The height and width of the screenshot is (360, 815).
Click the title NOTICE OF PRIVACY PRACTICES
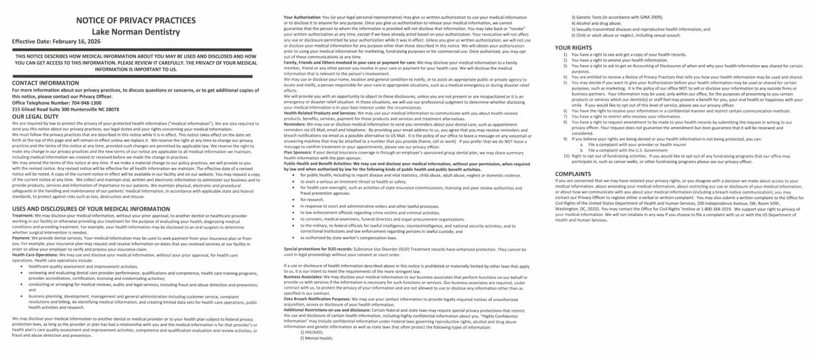point(136,20)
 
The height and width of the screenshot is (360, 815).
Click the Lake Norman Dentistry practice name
point(136,32)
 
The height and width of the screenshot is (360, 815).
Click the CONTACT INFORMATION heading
point(46,82)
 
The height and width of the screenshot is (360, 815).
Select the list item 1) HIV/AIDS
point(316,331)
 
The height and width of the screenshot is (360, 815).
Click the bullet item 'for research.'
point(312,200)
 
